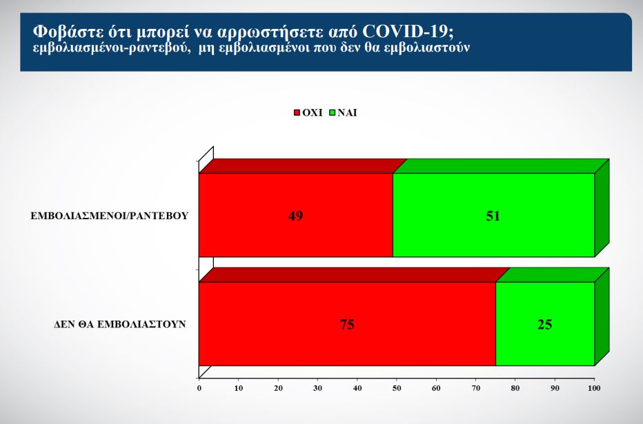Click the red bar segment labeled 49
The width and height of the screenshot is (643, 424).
click(296, 215)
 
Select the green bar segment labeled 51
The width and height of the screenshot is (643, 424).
click(493, 215)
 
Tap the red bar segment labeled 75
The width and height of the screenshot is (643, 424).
click(347, 323)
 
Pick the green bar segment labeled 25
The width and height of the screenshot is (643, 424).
click(545, 323)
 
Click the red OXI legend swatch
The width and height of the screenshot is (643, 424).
click(297, 112)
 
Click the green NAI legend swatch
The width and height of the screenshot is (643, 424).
click(333, 112)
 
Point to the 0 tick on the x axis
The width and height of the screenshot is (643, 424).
click(199, 388)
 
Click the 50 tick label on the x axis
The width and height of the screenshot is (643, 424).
click(397, 388)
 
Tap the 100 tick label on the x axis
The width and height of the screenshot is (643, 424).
click(594, 388)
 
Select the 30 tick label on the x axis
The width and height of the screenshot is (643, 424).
click(318, 388)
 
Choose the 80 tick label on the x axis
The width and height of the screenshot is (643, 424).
click(515, 388)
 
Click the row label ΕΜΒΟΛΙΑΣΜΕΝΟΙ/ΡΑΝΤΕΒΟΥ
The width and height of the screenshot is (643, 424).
click(110, 216)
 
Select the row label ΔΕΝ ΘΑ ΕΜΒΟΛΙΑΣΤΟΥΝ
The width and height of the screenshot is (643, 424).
click(120, 325)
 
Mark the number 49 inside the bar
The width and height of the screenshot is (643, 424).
click(296, 216)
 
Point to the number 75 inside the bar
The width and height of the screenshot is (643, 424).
click(347, 325)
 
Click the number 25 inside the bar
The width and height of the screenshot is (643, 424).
click(545, 325)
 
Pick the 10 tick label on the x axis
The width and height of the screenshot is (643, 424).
click(239, 388)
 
